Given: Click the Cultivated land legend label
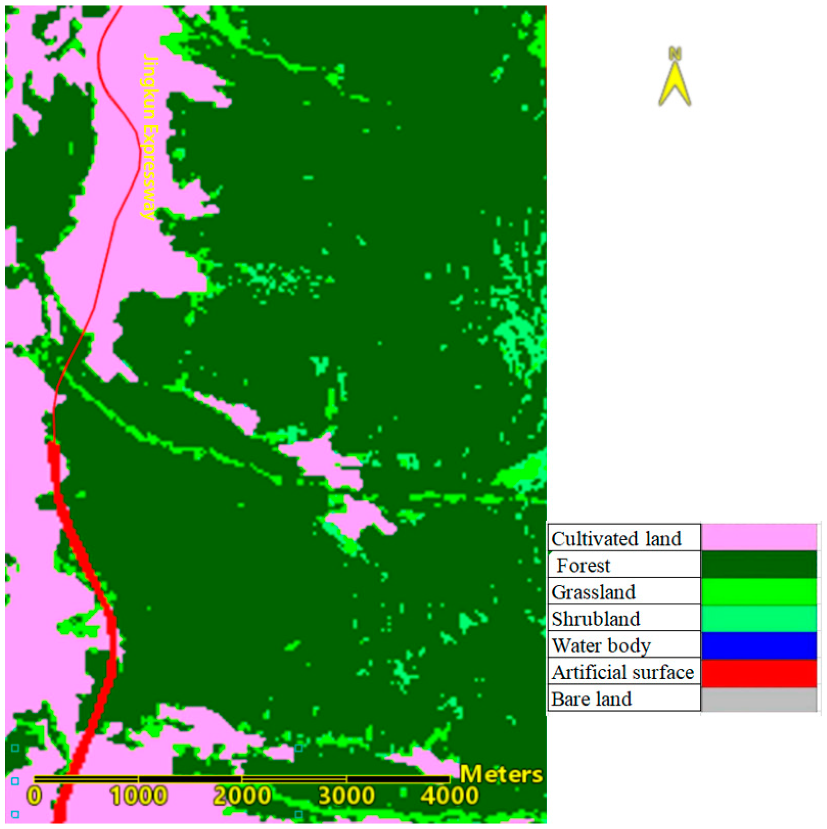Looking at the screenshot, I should [616, 539].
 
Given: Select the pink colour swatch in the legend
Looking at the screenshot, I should [758, 537].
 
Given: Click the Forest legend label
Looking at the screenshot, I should [583, 566].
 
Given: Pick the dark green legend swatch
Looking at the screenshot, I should [758, 564].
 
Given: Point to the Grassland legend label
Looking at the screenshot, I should [593, 592].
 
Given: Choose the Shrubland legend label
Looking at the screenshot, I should [596, 619].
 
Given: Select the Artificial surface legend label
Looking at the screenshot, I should [622, 672].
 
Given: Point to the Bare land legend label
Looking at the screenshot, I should [591, 699].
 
